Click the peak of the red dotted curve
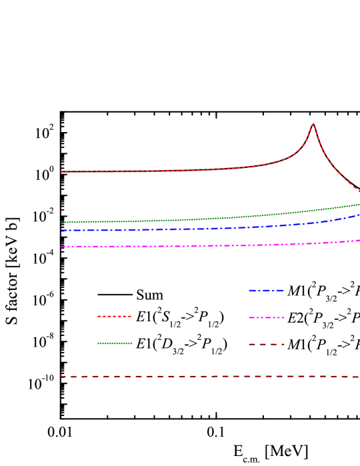click(313, 123)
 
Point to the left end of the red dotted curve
click(61, 172)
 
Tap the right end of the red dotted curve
click(359, 191)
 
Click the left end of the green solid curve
click(61, 222)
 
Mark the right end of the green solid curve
click(359, 204)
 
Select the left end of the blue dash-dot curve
click(61, 230)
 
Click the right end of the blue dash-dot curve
click(359, 215)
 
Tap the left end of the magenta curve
click(61, 247)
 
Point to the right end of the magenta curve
click(359, 241)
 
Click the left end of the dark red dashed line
click(61, 377)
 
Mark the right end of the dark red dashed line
click(359, 377)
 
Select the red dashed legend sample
click(114, 316)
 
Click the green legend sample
click(114, 343)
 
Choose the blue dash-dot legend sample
click(266, 291)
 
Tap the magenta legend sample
click(266, 317)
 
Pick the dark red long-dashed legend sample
click(266, 344)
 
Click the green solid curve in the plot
click(200, 219)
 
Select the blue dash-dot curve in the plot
click(200, 229)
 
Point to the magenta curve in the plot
click(200, 246)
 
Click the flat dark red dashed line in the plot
click(200, 376)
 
